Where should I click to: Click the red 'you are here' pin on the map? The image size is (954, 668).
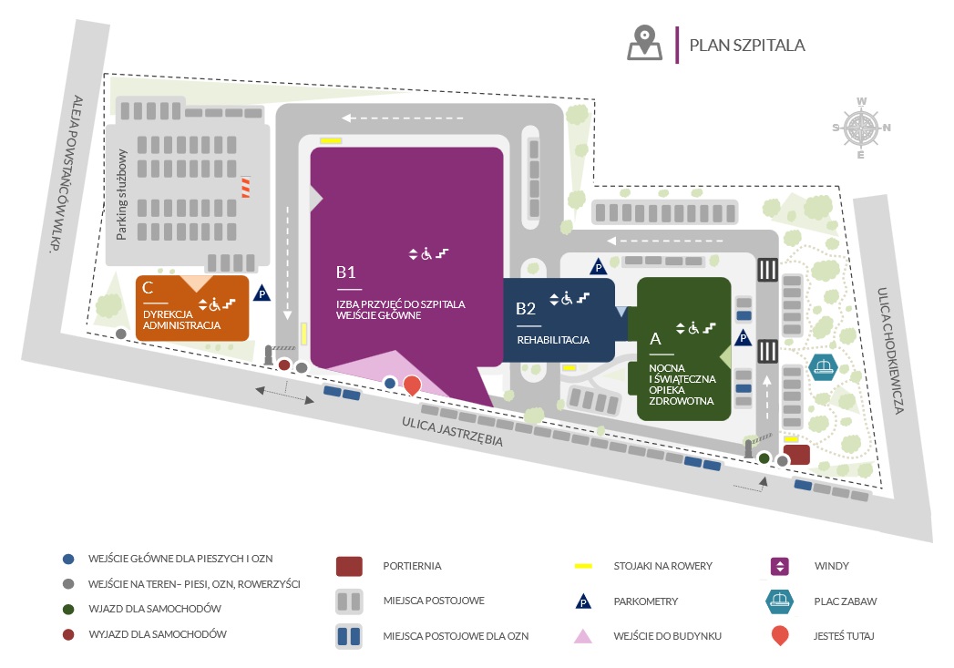point(412,385)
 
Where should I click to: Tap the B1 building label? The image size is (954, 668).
point(345,272)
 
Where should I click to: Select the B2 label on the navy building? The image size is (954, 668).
point(526,308)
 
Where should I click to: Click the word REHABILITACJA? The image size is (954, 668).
point(553,340)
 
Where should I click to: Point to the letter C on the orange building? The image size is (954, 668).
point(148,288)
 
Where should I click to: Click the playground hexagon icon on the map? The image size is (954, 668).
point(823,367)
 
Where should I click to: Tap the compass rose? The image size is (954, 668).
point(860,128)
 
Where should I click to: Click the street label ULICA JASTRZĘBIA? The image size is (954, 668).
point(452,431)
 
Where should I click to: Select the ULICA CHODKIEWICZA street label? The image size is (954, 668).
point(889,351)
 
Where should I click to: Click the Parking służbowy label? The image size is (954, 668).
point(122,195)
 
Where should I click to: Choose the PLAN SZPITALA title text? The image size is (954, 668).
point(747,45)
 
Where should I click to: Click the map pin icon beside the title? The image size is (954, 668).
point(644,43)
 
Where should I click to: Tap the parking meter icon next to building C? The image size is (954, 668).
point(262,293)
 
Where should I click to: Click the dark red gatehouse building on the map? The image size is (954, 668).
point(796,455)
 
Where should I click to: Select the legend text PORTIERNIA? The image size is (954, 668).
point(412,566)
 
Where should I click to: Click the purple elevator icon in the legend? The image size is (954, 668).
point(779,567)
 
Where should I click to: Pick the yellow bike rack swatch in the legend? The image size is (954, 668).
point(583,567)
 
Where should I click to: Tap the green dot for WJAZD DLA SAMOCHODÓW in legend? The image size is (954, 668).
point(68,609)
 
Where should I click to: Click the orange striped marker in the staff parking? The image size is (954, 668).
point(246,188)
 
